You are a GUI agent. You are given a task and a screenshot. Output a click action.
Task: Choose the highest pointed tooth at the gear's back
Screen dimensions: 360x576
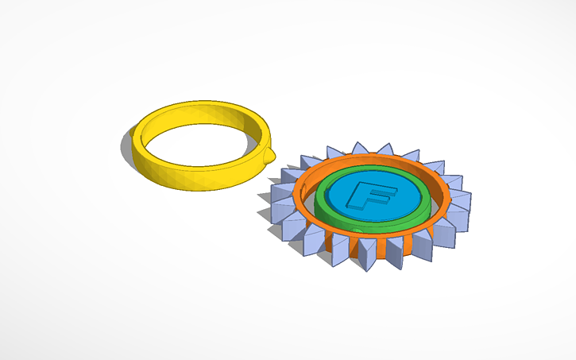(x=385, y=149)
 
